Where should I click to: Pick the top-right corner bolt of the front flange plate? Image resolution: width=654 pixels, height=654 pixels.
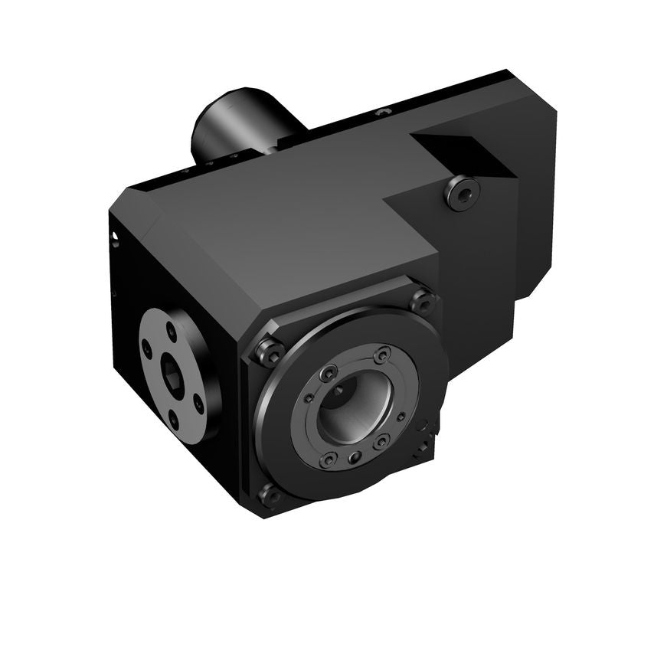423,300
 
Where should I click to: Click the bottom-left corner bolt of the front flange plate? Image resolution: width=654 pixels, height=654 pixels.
270,495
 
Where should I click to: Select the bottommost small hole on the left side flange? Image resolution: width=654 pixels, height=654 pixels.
172,417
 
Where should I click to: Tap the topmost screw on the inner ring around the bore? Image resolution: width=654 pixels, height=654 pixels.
381,354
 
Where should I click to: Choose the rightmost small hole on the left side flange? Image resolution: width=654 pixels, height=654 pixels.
198,398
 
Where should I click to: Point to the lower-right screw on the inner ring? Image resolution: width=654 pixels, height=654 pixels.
381,442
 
